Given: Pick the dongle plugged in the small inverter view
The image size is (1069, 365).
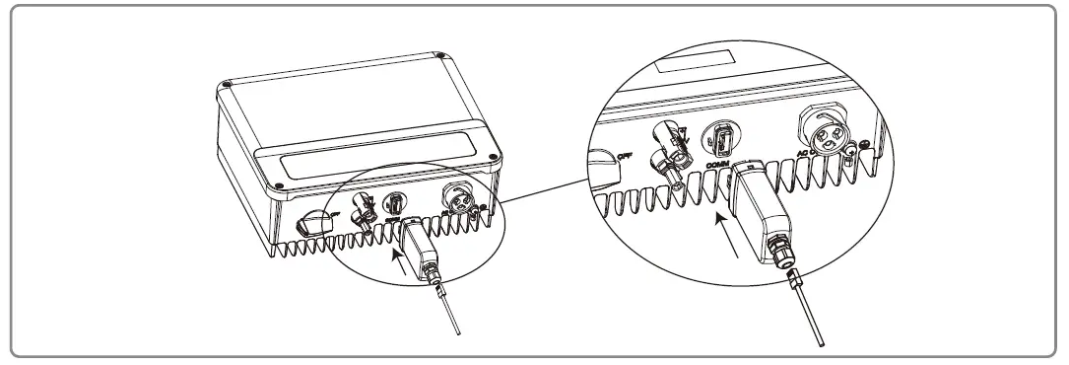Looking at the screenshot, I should [x=420, y=248].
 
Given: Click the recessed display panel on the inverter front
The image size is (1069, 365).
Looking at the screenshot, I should [x=374, y=157].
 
